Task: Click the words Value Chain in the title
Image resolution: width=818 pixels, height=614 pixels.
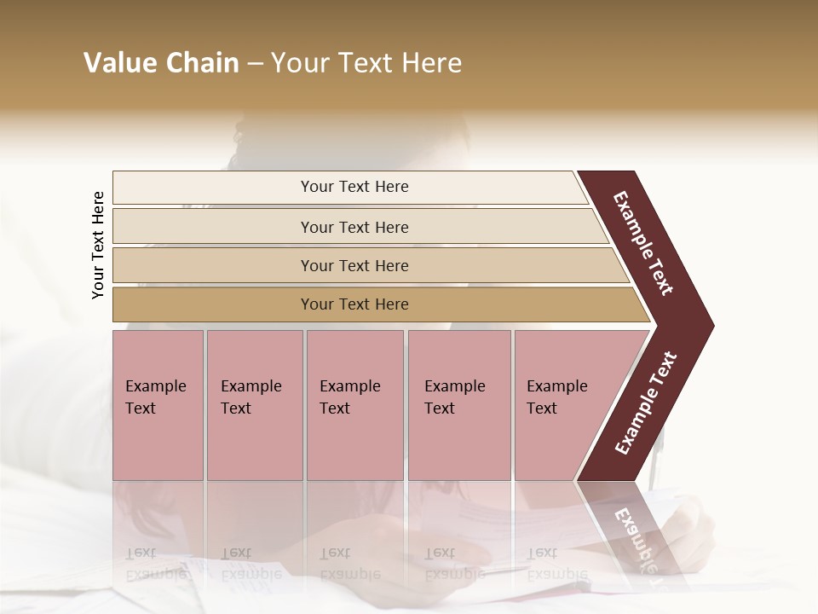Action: [x=161, y=63]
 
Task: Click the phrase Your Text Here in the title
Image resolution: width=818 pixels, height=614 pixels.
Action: [x=366, y=63]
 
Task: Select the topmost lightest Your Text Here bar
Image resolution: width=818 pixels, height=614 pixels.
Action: [x=354, y=187]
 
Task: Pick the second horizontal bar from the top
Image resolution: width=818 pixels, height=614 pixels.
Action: [x=354, y=227]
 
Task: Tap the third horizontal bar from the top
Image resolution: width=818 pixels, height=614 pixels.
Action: [x=354, y=265]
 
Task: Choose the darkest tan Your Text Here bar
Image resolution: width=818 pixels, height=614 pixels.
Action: [x=354, y=304]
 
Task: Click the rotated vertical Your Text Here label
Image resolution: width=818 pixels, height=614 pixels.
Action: [x=98, y=245]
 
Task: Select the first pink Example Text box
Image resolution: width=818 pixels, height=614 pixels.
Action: [x=158, y=405]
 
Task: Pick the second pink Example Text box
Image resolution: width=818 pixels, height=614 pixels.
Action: [x=254, y=405]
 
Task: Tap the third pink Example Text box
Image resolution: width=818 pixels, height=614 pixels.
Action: [x=354, y=405]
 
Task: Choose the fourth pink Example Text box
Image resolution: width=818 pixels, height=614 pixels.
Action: [x=458, y=405]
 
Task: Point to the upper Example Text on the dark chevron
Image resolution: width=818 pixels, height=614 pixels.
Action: [x=644, y=243]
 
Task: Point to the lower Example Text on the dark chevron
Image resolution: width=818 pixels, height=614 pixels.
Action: [x=646, y=403]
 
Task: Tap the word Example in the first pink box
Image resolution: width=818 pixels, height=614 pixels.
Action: [x=155, y=386]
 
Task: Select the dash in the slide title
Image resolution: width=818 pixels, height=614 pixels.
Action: [x=255, y=64]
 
